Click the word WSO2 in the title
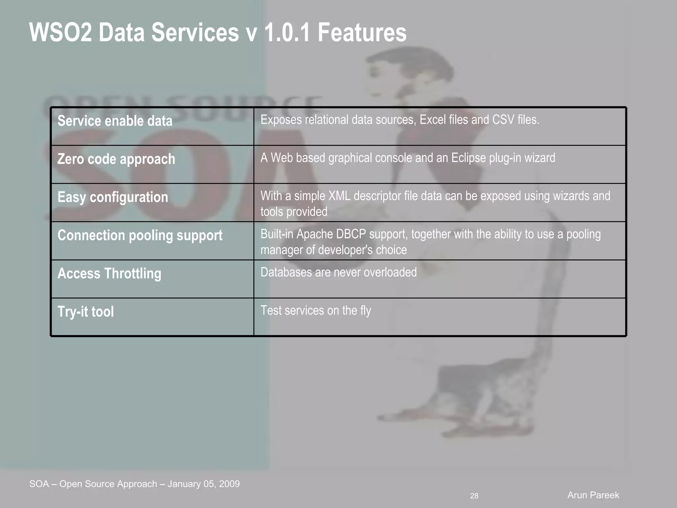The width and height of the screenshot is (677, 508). [x=60, y=32]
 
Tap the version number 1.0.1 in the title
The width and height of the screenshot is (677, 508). [x=287, y=32]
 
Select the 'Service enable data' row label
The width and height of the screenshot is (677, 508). [x=115, y=121]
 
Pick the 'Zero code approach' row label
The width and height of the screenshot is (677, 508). [x=116, y=159]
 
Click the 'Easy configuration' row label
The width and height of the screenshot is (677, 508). [x=113, y=197]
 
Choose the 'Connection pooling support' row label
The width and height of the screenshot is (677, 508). [x=140, y=235]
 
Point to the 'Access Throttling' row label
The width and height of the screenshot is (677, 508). [x=109, y=274]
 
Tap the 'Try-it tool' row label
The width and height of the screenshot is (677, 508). [x=86, y=312]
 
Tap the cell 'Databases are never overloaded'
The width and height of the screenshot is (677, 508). [x=338, y=273]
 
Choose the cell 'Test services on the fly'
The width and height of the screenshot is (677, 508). [x=316, y=311]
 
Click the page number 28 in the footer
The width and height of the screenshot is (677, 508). [x=474, y=496]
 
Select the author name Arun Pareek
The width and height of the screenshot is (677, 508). [x=593, y=495]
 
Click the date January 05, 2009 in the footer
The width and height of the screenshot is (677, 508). [x=204, y=484]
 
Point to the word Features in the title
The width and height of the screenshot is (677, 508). [x=362, y=32]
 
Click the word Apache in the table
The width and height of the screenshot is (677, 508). [x=314, y=234]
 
